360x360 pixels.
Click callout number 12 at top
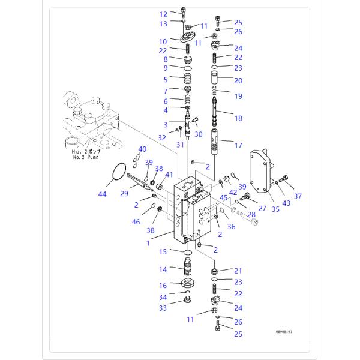[163, 14]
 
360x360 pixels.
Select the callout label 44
[102, 194]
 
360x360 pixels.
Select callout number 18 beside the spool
[238, 118]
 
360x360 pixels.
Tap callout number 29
[125, 193]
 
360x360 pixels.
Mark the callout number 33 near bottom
[163, 308]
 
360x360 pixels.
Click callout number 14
[163, 269]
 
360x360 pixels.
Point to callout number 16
[163, 286]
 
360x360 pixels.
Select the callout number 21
[238, 271]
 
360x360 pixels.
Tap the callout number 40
[142, 149]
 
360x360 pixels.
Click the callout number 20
[238, 80]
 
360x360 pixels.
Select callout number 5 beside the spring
[164, 79]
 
